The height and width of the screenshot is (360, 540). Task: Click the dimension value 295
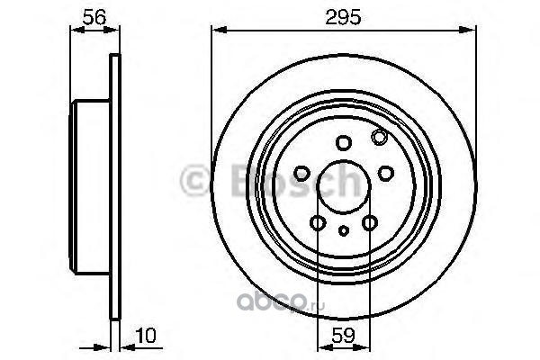click(343, 17)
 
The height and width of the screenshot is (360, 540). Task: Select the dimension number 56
click(94, 17)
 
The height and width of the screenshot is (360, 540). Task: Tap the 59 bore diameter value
click(344, 335)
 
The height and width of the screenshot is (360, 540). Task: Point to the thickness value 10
click(146, 336)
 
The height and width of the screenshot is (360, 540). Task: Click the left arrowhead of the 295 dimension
click(219, 30)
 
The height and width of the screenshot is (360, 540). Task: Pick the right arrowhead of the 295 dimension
click(468, 30)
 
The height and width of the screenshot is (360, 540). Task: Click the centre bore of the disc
click(344, 186)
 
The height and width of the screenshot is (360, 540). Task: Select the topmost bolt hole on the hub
click(344, 142)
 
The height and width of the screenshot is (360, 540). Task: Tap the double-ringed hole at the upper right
click(379, 137)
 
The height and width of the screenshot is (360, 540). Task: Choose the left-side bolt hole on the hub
click(302, 173)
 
